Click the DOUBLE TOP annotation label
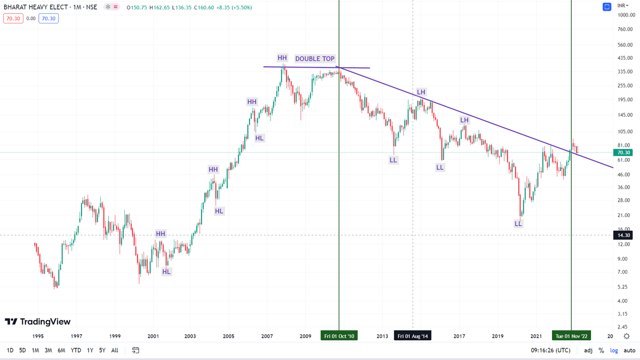coord(315,59)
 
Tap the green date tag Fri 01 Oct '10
coord(339,336)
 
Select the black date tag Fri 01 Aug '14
coord(413,336)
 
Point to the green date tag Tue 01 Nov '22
coord(571,336)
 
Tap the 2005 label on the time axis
coord(229,336)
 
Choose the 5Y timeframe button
coord(102,350)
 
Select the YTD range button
coord(76,350)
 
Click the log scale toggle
coord(614,350)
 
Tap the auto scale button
coord(629,350)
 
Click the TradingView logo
coord(37,322)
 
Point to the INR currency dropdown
coord(621,5)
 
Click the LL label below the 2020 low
coord(518,223)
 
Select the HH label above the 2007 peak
coord(282,57)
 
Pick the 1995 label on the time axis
coord(37,336)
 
